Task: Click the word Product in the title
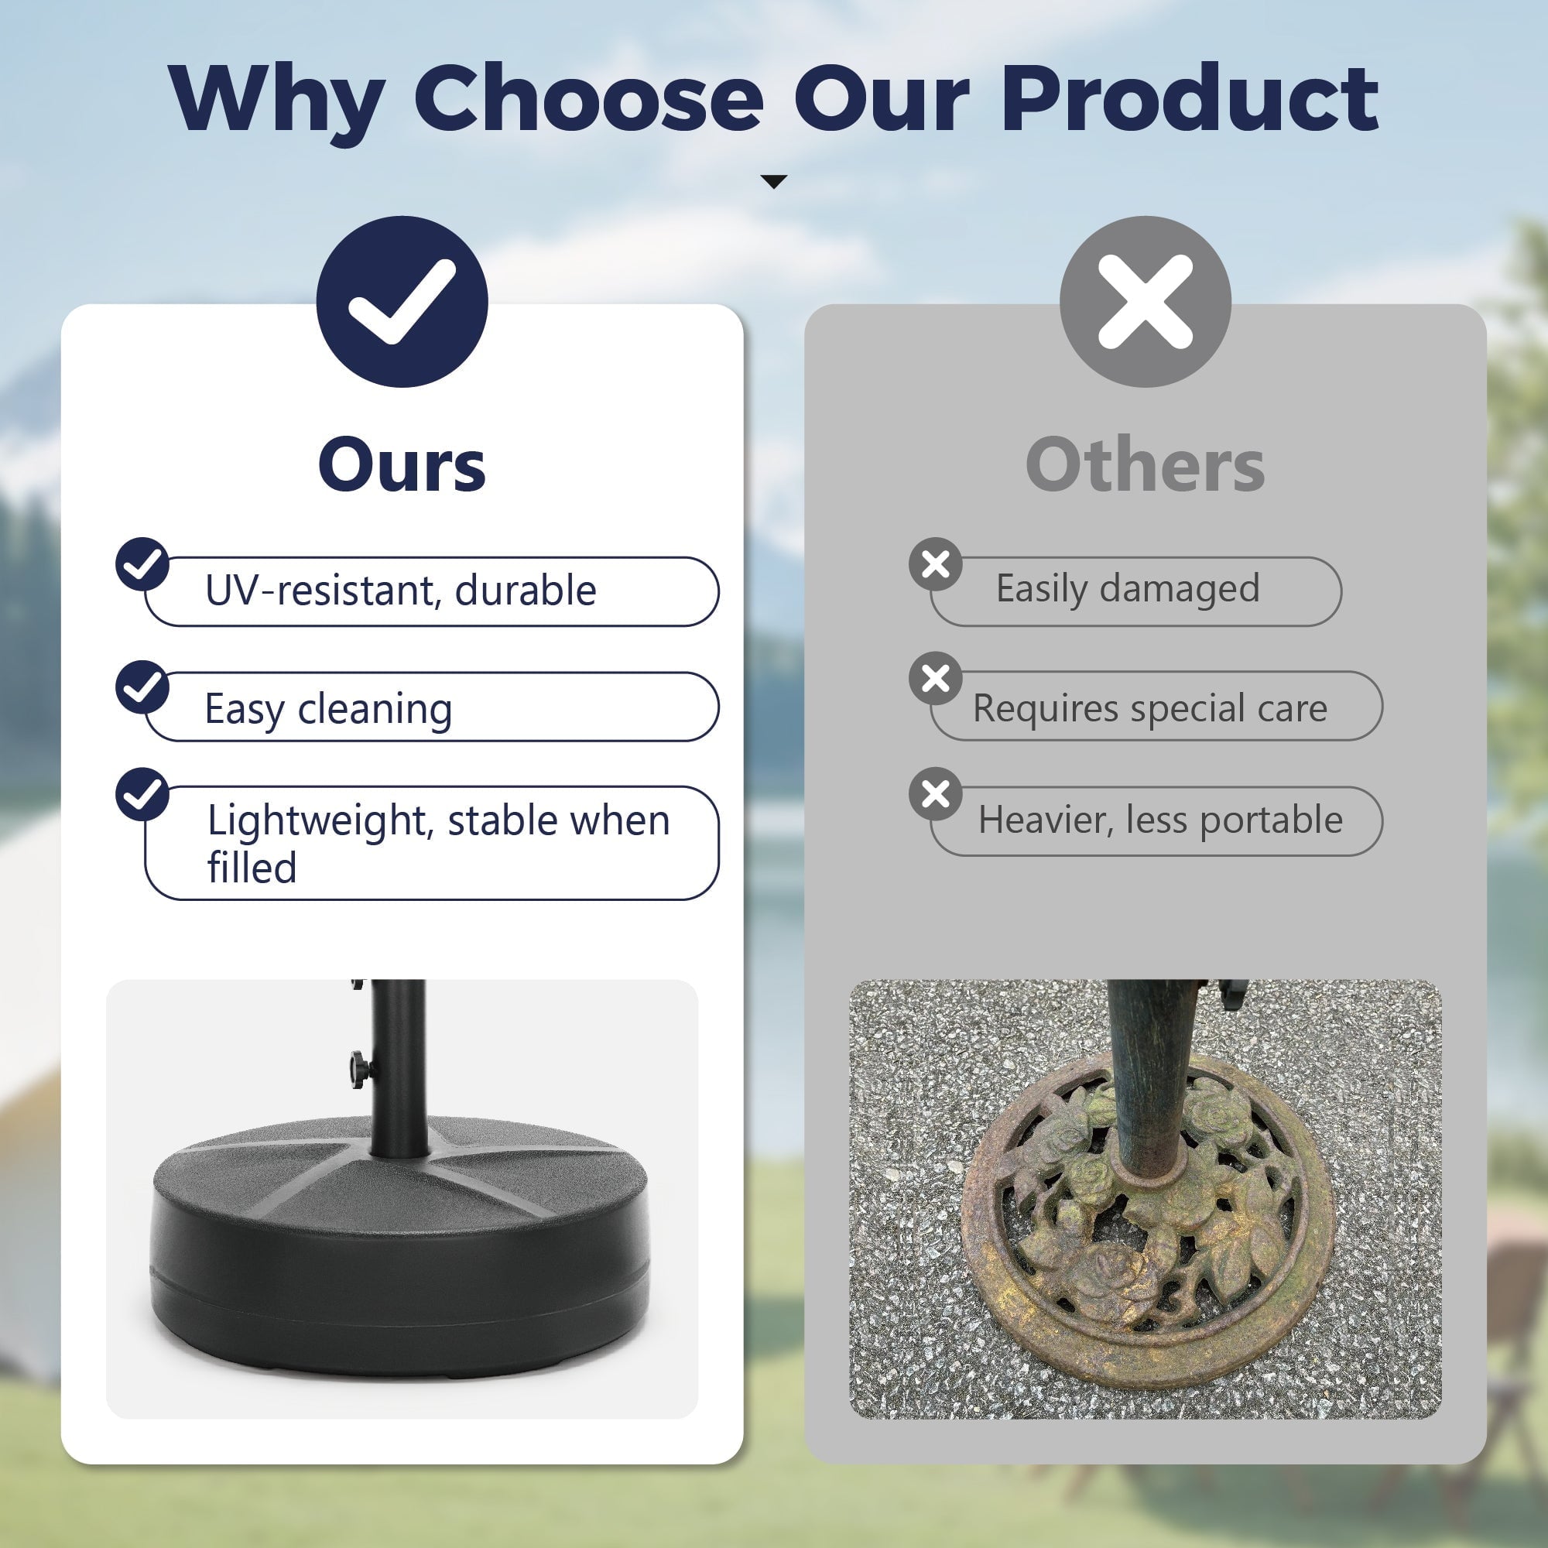pos(1190,98)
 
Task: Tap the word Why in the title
pos(277,103)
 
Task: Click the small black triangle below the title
pos(773,182)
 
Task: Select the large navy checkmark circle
pos(402,301)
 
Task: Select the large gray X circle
pos(1145,301)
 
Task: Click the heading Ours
pos(402,465)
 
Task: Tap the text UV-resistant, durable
pos(401,591)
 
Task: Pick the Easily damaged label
pos(1128,590)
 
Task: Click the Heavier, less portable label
pos(1160,820)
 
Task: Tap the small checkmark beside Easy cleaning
pos(142,687)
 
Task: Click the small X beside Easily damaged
pos(935,564)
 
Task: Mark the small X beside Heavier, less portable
pos(935,794)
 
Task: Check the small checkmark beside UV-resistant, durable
pos(142,564)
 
